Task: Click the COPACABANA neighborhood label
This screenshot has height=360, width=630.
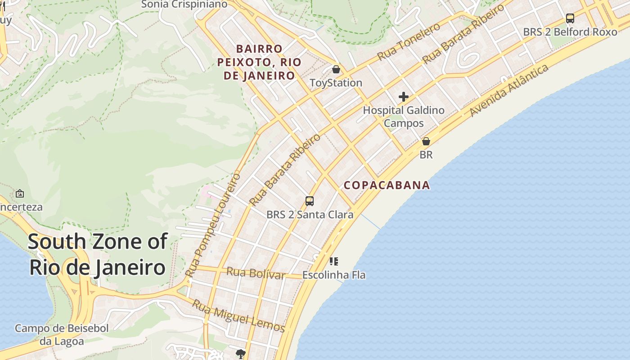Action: tap(387, 185)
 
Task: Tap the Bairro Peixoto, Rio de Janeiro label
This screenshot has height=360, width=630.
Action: tap(259, 62)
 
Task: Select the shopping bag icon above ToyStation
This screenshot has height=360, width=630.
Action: tap(336, 69)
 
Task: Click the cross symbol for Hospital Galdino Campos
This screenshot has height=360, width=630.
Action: tap(404, 97)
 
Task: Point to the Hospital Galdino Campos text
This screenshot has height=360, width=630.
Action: tap(404, 117)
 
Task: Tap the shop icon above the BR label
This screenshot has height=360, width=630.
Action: tap(426, 141)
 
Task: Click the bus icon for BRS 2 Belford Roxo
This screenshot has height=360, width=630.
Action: tap(570, 18)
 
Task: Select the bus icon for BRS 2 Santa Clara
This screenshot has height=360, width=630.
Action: tap(310, 201)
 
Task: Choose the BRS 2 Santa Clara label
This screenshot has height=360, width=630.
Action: tap(310, 215)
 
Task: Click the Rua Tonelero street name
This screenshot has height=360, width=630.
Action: tap(408, 42)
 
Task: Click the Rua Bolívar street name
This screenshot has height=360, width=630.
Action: tap(256, 273)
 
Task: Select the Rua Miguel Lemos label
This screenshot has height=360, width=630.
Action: tap(238, 316)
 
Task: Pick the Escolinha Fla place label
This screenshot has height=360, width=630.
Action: tap(334, 274)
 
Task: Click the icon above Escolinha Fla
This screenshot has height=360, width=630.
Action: tap(333, 261)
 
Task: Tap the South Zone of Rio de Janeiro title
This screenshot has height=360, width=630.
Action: tap(97, 254)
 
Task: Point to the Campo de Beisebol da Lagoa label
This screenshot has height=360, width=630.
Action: tap(62, 335)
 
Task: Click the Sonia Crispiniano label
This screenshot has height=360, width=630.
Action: tap(184, 4)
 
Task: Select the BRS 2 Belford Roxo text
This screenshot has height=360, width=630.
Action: tap(570, 32)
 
